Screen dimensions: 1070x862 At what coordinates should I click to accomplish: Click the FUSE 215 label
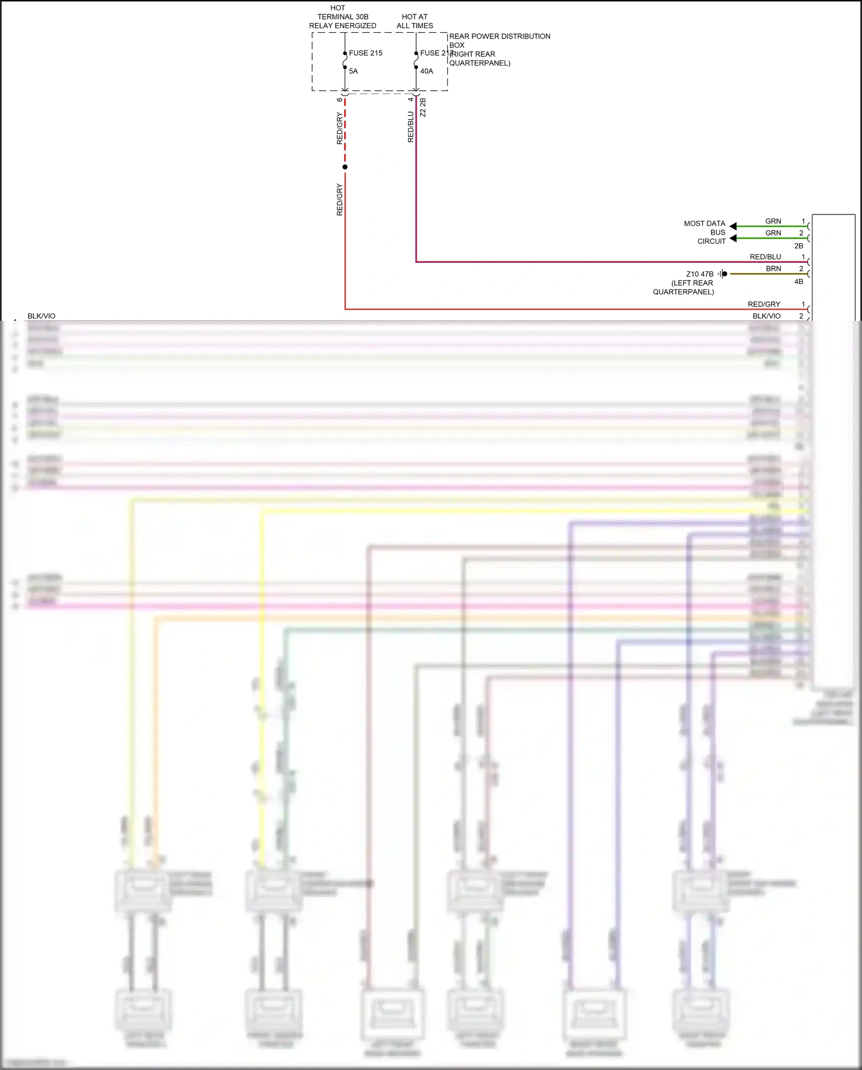click(365, 53)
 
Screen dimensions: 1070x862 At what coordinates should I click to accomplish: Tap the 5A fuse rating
click(353, 71)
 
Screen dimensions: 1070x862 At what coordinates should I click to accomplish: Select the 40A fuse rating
click(426, 71)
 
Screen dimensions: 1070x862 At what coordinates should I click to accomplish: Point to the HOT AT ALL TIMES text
click(415, 21)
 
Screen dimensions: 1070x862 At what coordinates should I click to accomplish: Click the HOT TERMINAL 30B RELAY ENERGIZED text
click(343, 17)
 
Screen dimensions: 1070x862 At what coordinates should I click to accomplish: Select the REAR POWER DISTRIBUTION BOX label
click(499, 40)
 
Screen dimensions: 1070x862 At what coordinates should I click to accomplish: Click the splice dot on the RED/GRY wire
click(345, 167)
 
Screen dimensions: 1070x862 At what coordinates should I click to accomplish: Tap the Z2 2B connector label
click(423, 108)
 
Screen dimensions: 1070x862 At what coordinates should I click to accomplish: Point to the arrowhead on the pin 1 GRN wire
click(733, 226)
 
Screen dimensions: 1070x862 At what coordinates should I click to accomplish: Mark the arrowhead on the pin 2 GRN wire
click(733, 238)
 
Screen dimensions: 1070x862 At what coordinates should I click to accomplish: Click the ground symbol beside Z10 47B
click(723, 274)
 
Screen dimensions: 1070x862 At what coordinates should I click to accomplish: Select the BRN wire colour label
click(773, 269)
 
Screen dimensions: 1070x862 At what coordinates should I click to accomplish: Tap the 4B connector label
click(799, 282)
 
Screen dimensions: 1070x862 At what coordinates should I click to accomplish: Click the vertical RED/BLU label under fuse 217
click(410, 127)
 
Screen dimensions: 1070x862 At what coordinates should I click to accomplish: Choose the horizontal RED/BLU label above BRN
click(765, 257)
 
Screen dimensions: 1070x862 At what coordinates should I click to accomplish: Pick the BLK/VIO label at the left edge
click(41, 316)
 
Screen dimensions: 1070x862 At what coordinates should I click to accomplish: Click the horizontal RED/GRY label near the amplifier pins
click(764, 304)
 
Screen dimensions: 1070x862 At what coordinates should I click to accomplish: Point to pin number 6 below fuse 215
click(340, 99)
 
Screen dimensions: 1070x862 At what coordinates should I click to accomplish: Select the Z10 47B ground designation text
click(699, 274)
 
